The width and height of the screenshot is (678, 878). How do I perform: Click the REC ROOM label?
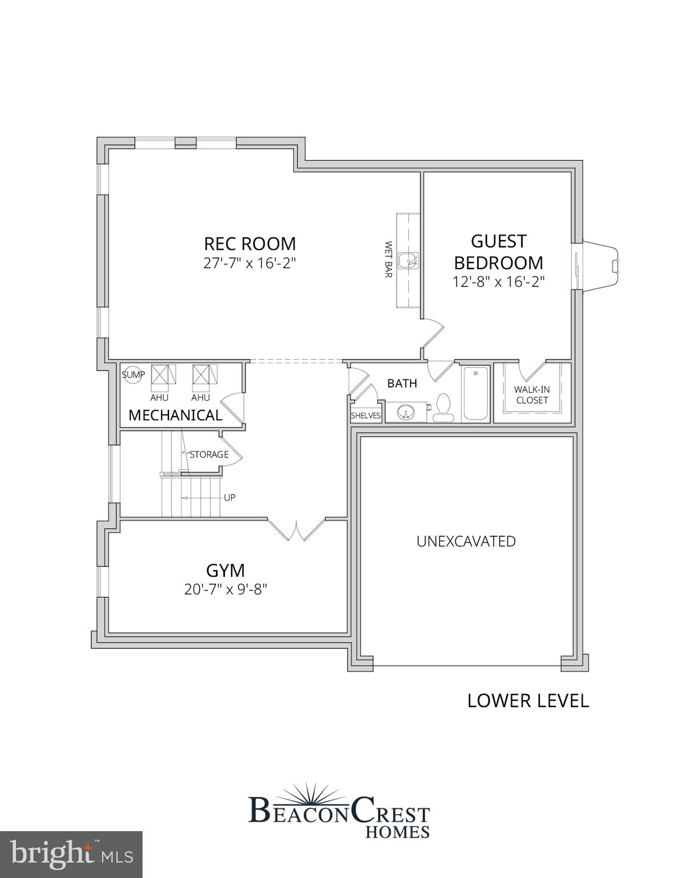pos(250,244)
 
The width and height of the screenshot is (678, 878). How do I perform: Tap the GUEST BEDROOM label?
pos(498,252)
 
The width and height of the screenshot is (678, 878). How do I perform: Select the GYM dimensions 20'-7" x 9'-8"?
pos(226,589)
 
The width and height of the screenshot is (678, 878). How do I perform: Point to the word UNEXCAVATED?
pos(466,541)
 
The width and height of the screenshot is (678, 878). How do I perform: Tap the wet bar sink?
pos(409,261)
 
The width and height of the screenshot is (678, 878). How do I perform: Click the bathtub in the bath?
pos(475,393)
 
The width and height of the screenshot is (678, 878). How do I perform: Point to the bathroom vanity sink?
pos(407,412)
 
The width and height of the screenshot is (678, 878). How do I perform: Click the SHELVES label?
pos(366,416)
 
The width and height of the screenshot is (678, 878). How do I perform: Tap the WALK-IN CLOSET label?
pos(532,395)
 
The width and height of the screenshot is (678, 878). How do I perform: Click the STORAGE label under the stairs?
pos(209,454)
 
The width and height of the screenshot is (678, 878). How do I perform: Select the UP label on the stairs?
pos(230,497)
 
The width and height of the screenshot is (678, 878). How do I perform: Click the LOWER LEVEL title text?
pos(528,700)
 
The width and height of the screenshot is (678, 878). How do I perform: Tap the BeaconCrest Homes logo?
pos(339,812)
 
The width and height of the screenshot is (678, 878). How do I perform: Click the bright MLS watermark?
pos(71,855)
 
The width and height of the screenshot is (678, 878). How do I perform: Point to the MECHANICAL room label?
pos(175,415)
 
